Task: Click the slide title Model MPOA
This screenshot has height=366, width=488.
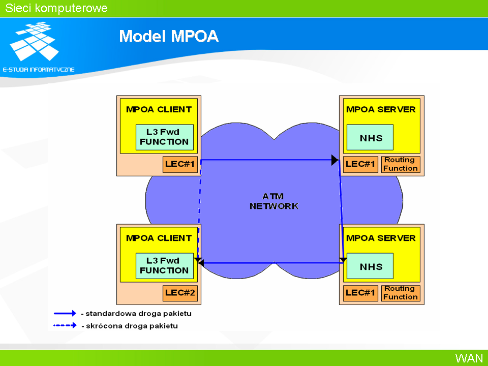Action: [x=169, y=36]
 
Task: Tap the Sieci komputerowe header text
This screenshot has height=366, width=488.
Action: [x=56, y=8]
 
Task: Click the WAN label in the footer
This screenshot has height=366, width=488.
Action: [x=469, y=358]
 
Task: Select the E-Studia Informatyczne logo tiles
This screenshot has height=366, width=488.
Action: [x=34, y=41]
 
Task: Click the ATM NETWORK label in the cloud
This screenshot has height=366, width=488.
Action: [x=274, y=201]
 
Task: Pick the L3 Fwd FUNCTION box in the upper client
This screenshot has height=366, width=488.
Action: [x=165, y=137]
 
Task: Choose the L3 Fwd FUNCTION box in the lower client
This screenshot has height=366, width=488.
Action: [x=165, y=266]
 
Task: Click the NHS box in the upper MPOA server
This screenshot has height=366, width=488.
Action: [x=370, y=137]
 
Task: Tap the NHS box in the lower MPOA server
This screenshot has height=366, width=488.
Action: [x=370, y=266]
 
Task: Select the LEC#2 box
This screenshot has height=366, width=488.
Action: [x=180, y=293]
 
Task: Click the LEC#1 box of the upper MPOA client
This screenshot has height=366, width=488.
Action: [x=180, y=164]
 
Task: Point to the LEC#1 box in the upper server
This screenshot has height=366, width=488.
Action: [x=360, y=164]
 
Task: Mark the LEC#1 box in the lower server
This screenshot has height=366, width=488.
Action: [x=360, y=293]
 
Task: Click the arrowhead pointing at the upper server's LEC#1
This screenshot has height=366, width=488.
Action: [x=335, y=160]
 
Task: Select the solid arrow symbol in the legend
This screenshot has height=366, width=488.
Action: [x=65, y=314]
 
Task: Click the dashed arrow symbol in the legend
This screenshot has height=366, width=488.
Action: [x=65, y=325]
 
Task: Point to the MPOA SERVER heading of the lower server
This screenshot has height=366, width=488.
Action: [x=381, y=238]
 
